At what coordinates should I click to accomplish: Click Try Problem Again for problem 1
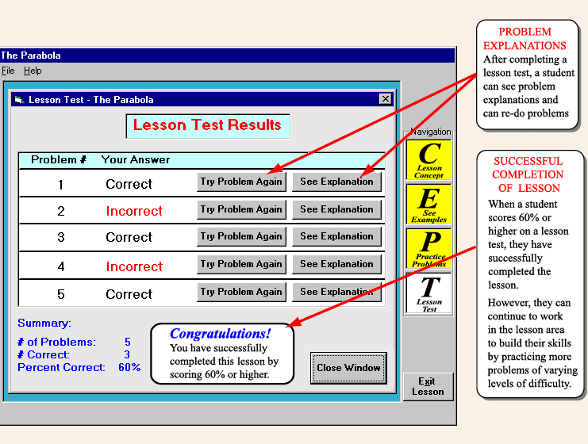point(240,182)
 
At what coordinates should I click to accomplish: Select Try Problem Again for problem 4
point(240,264)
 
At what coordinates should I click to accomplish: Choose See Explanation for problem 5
point(336,292)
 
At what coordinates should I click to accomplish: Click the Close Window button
point(348,368)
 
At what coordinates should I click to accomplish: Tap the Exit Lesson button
point(428,386)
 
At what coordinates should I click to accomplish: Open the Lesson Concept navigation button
point(429,159)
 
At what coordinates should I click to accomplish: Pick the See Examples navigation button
point(429,205)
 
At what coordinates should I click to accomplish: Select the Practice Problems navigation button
point(429,249)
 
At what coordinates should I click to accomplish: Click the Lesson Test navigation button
point(429,293)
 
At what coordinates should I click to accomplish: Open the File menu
point(7,71)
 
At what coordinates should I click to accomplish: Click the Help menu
point(33,71)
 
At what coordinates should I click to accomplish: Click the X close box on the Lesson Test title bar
point(386,99)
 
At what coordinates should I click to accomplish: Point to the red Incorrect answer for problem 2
point(134,211)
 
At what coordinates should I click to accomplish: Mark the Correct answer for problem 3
point(129,237)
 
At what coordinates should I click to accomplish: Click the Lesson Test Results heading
point(207,125)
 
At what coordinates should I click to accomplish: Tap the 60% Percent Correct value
point(129,367)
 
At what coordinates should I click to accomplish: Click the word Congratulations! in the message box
point(220,334)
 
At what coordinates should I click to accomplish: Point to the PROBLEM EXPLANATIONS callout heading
point(525,39)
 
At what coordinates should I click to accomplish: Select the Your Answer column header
point(136,159)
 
